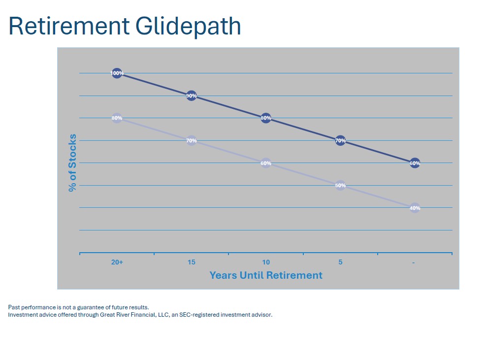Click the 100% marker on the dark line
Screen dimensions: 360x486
click(x=117, y=73)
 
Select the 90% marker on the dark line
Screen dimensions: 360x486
click(x=192, y=96)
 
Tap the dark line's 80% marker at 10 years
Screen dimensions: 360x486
click(x=266, y=118)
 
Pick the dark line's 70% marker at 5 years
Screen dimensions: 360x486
click(x=340, y=141)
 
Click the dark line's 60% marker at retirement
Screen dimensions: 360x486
click(x=415, y=163)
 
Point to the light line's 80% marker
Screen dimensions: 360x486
click(x=117, y=118)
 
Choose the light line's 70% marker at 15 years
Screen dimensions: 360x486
click(x=192, y=141)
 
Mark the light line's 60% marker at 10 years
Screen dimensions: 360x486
click(x=266, y=163)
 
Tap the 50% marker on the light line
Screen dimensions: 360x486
click(x=340, y=186)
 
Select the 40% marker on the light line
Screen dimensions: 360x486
click(x=415, y=208)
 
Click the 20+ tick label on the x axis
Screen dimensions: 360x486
click(x=117, y=262)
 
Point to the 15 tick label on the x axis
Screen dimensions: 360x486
click(x=192, y=262)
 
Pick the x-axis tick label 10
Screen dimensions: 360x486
click(x=266, y=262)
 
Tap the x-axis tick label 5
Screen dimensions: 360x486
click(x=340, y=262)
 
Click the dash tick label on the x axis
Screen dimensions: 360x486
click(x=414, y=262)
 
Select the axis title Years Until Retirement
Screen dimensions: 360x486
click(x=266, y=275)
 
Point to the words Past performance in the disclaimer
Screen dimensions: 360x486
click(x=29, y=307)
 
